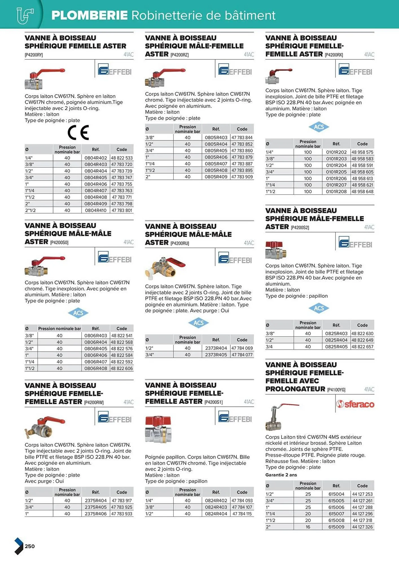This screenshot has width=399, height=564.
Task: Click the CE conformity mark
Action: [x=78, y=133]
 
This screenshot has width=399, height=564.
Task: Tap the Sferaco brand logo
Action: [x=355, y=404]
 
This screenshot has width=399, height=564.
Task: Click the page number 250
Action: [x=30, y=546]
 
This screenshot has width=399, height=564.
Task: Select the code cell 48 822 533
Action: [x=122, y=158]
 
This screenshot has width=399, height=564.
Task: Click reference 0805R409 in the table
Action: [x=216, y=177]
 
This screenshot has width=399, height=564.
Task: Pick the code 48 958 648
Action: [x=362, y=191]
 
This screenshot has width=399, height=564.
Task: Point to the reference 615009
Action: [x=336, y=527]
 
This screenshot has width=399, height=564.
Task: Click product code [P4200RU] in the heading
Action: [x=180, y=243]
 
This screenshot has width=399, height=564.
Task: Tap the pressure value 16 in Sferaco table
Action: [x=308, y=527]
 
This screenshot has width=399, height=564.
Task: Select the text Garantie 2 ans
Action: [x=281, y=475]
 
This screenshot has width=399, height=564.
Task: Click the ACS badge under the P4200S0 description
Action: [x=78, y=313]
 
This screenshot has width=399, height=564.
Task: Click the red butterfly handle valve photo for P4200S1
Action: [x=158, y=429]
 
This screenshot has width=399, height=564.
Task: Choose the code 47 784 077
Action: [x=242, y=355]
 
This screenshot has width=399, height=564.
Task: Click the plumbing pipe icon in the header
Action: [x=25, y=16]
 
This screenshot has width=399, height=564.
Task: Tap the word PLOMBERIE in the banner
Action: [x=89, y=16]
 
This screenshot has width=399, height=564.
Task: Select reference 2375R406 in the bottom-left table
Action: [x=96, y=514]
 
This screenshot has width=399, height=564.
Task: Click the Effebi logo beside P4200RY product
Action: [x=115, y=70]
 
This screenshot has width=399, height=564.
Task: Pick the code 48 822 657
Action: [x=362, y=347]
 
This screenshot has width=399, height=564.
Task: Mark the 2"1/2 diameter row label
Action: [x=30, y=210]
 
